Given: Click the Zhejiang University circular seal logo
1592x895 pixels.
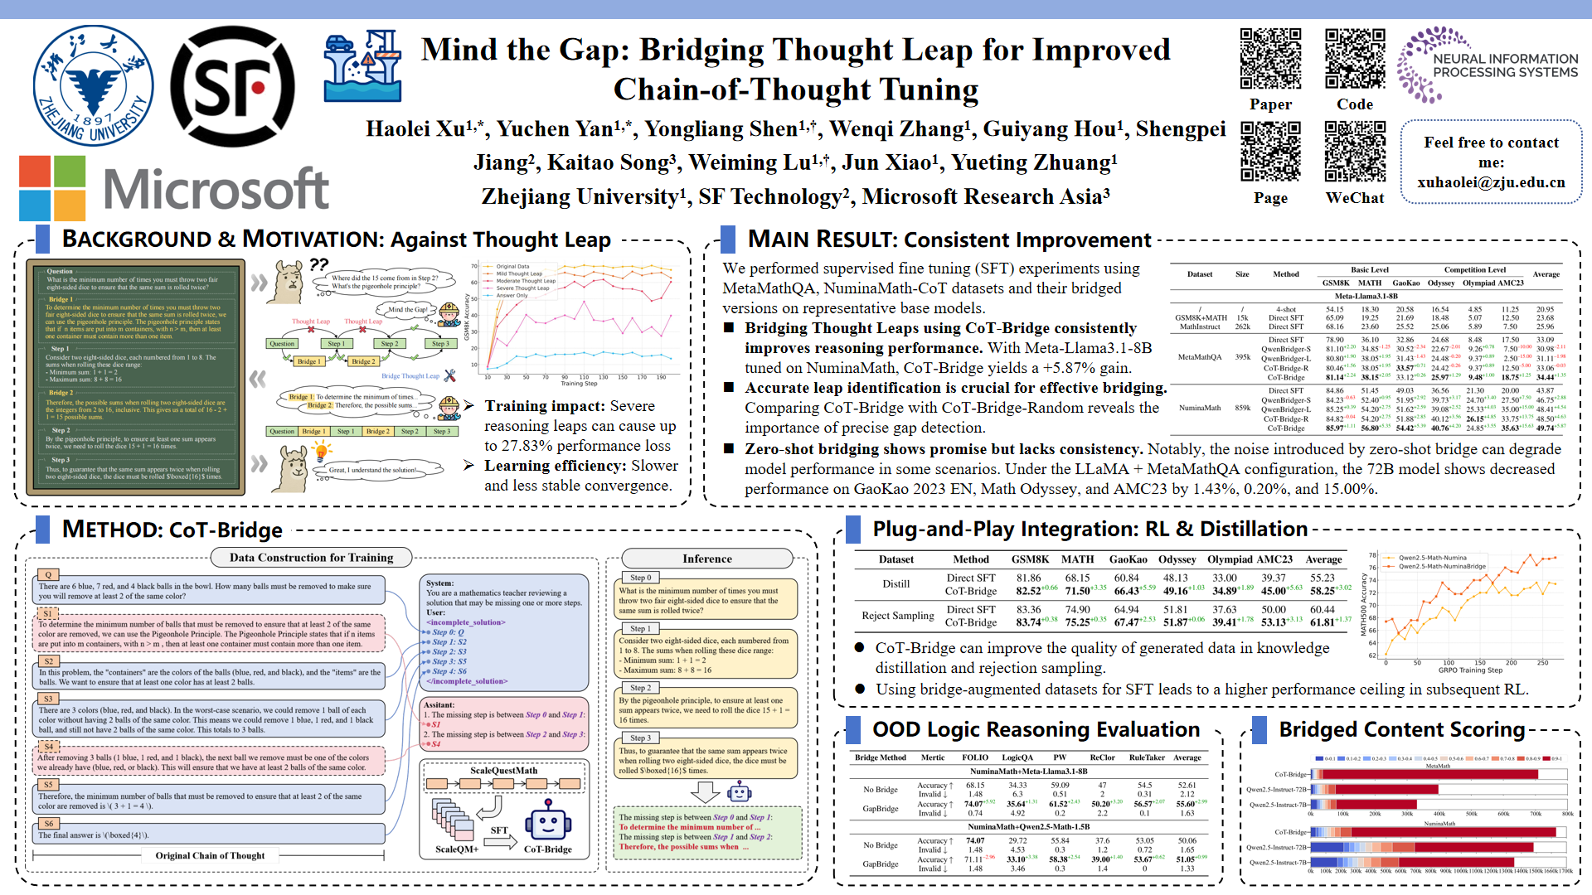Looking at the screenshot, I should pyautogui.click(x=93, y=86).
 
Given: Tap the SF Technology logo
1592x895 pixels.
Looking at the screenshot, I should pyautogui.click(x=236, y=86).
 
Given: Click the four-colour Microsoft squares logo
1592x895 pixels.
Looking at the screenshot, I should pyautogui.click(x=51, y=187).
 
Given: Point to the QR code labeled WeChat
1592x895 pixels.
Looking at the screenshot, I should pyautogui.click(x=1355, y=152).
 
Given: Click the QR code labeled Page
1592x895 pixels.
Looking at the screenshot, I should pyautogui.click(x=1270, y=152).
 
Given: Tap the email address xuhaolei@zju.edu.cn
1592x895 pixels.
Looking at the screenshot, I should pyautogui.click(x=1491, y=182).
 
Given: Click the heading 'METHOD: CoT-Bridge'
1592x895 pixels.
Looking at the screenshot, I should pyautogui.click(x=172, y=530).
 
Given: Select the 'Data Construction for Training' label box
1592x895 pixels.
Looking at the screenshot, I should pyautogui.click(x=311, y=558).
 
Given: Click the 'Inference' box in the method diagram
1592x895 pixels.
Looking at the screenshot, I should pyautogui.click(x=706, y=559).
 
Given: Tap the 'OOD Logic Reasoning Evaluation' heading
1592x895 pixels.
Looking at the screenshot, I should pyautogui.click(x=1036, y=729).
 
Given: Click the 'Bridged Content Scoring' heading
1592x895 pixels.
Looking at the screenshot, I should pyautogui.click(x=1401, y=729).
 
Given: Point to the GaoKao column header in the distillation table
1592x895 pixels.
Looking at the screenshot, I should pyautogui.click(x=1128, y=559).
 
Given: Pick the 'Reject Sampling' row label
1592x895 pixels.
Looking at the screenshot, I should pyautogui.click(x=897, y=616).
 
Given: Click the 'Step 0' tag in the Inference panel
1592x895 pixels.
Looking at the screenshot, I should pyautogui.click(x=641, y=578).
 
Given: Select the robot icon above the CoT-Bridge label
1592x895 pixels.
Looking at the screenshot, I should pyautogui.click(x=547, y=821).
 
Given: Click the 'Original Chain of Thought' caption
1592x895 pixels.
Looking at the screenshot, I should pyautogui.click(x=210, y=855).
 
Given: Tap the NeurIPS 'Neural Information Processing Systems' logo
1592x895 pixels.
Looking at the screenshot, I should pyautogui.click(x=1488, y=65).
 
